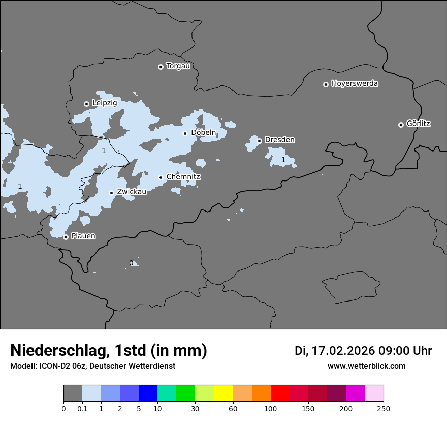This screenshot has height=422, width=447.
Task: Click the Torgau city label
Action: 178,66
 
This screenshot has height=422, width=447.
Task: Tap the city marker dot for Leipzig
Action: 86,104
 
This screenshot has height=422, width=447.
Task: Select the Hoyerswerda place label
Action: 355,84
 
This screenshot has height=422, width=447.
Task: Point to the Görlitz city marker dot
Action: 401,125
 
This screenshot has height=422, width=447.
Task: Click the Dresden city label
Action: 279,140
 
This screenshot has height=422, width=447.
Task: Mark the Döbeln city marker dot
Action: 185,133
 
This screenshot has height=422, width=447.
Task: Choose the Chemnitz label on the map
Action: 183,177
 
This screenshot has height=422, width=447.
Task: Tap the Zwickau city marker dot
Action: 111,193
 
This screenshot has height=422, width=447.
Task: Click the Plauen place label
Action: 83,236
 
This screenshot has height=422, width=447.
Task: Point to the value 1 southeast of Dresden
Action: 283,160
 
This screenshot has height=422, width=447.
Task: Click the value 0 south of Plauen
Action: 131,263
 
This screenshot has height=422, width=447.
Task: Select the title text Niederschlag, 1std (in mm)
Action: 109,350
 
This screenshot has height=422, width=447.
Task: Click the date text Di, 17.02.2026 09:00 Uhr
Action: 363,351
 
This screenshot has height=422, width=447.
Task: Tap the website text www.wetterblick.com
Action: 367,366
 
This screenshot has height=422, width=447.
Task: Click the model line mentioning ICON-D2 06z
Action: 92,366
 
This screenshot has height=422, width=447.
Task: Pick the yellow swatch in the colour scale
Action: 223,394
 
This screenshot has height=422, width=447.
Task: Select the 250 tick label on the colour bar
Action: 384,408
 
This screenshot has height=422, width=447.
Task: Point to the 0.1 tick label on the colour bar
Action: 82,408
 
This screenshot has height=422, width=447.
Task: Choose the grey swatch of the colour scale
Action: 73,394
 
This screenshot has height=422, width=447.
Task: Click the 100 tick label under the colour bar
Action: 271,408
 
